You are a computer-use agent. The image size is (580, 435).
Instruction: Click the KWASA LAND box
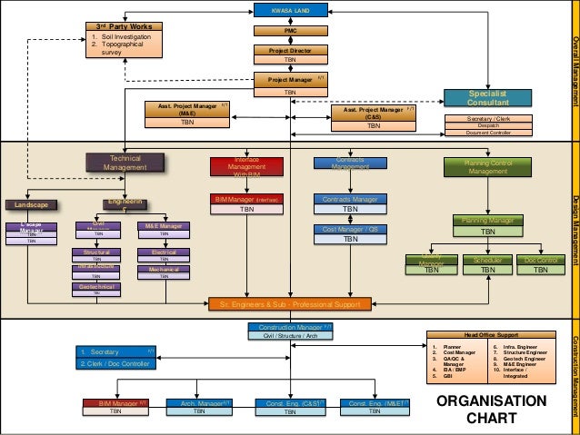click(x=290, y=10)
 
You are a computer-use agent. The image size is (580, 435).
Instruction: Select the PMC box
click(x=290, y=30)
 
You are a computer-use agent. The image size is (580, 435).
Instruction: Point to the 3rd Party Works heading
click(x=125, y=26)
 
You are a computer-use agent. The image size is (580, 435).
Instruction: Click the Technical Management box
click(x=125, y=163)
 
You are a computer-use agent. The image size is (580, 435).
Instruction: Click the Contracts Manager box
click(x=350, y=199)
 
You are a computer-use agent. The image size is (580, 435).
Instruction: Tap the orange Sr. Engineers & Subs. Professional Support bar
click(x=290, y=303)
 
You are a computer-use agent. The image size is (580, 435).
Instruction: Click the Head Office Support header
click(x=492, y=334)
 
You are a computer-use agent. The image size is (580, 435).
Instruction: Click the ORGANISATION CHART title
click(x=493, y=410)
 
